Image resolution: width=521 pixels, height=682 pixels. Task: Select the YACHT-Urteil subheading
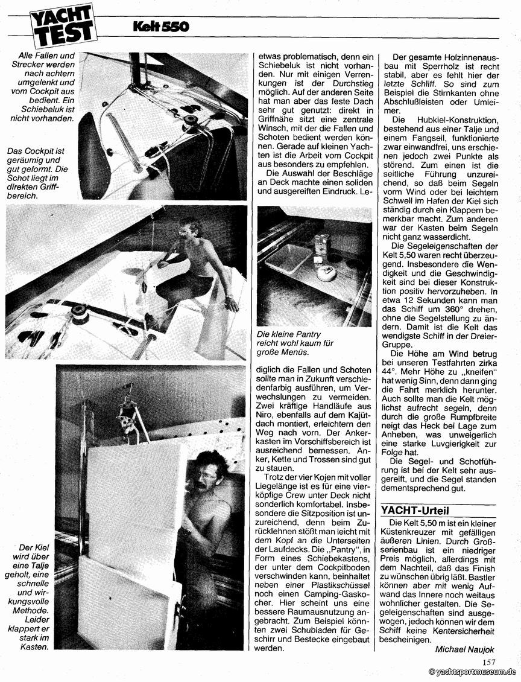tap(416, 510)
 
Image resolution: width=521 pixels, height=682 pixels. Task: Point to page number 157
tap(490, 662)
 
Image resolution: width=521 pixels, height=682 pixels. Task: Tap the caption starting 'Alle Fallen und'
tap(42, 86)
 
